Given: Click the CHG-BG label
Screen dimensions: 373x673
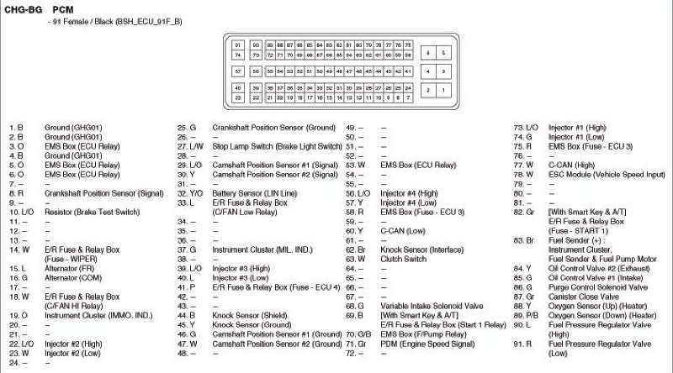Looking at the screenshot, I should click(19, 8).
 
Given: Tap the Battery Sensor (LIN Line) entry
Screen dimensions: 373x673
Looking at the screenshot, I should click(247, 192).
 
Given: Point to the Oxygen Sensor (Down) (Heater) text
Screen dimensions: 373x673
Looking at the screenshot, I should click(600, 315).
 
